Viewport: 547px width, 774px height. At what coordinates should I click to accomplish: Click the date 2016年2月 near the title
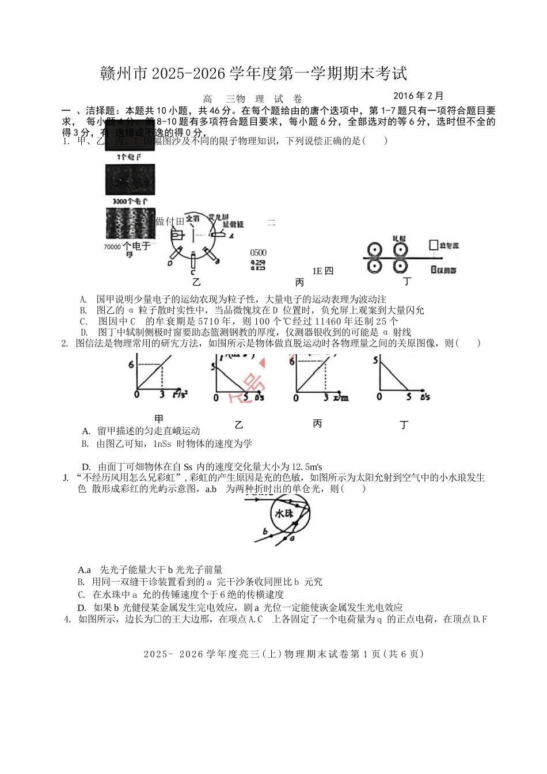coord(419,96)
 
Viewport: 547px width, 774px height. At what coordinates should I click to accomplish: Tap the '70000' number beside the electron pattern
coord(112,247)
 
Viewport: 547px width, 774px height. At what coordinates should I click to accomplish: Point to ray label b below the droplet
coord(264,531)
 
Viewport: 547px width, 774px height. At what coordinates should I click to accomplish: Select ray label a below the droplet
coord(292,539)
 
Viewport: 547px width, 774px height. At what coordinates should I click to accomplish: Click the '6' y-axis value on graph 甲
coord(131,365)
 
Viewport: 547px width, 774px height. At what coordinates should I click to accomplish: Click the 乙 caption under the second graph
coord(239,425)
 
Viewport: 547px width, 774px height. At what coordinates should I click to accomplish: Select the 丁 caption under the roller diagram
coord(408,281)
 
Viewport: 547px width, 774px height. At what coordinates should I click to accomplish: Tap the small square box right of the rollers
coord(433,245)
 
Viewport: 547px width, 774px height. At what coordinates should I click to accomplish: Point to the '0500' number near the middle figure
coord(259,253)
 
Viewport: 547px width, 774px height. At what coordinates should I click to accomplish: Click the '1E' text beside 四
coord(317,271)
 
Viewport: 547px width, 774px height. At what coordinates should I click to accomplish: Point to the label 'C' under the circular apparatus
coord(193,272)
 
